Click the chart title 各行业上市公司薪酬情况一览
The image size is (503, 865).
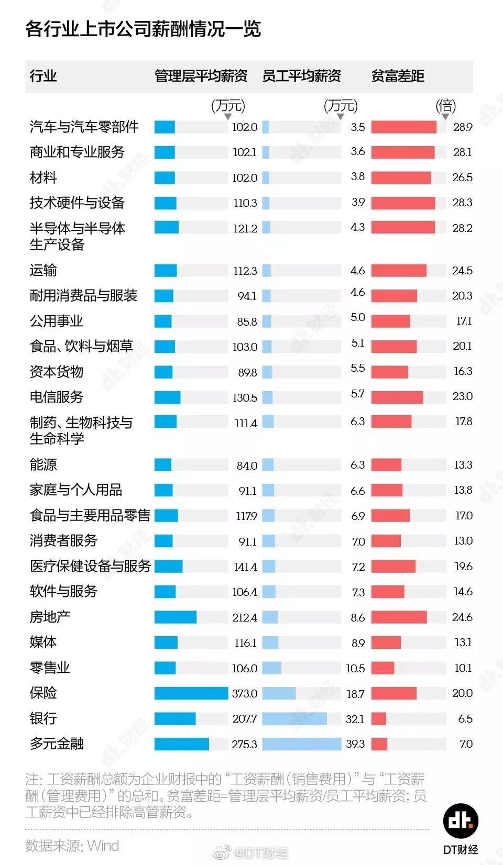coord(143,28)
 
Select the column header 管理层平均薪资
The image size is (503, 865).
coord(201,76)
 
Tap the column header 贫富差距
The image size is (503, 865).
coord(398,76)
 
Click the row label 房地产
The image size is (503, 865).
coord(50,617)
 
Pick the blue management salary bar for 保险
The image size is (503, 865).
coord(191,693)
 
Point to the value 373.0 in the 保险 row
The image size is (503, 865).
coord(245,693)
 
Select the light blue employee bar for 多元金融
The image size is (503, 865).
coord(301,744)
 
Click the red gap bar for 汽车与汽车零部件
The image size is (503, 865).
coord(403,127)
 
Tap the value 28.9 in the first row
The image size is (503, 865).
coord(463,127)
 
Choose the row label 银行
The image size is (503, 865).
coord(43,718)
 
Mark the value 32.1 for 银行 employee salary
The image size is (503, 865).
coord(355,719)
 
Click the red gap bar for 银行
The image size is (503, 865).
coord(379,718)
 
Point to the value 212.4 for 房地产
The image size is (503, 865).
coord(245,617)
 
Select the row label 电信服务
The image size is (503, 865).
coord(57,397)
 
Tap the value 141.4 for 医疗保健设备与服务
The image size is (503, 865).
coord(245,567)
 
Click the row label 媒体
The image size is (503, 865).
coord(43,642)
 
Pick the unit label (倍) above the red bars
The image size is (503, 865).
coord(446,106)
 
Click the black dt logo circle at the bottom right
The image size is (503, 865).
coord(461,820)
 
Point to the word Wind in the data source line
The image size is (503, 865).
coord(103,846)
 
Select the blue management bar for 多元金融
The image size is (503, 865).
coord(181,744)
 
